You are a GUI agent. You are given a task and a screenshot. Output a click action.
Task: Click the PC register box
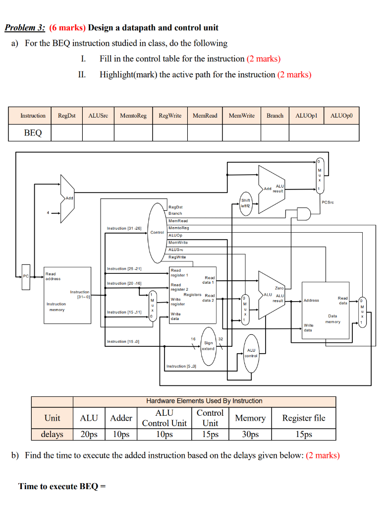[x=26, y=276]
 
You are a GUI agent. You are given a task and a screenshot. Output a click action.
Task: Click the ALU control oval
[x=251, y=353]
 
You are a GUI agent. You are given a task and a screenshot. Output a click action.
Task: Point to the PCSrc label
[x=328, y=202]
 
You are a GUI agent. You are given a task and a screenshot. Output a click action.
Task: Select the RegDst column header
[x=67, y=116]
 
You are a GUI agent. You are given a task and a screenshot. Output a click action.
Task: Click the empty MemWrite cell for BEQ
[x=241, y=133]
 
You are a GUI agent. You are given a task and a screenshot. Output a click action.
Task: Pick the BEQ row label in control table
[x=33, y=133]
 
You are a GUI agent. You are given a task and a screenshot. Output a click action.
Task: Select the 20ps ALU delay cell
[x=89, y=434]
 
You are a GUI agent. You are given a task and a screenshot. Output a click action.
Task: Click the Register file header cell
[x=304, y=418]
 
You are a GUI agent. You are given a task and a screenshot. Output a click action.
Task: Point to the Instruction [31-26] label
[x=124, y=228]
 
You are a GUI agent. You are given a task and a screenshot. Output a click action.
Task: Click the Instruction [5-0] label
[x=181, y=366]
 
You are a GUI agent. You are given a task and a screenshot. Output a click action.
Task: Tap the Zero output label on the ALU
[x=279, y=288]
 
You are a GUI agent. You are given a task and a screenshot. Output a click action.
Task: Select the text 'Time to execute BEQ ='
[x=62, y=486]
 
